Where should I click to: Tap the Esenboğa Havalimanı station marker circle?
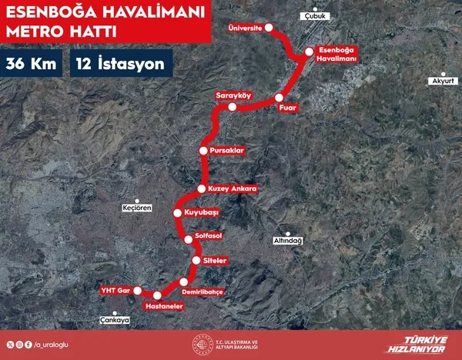tap(309, 52)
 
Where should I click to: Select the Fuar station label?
tap(288, 108)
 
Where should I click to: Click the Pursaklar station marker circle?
tap(203, 150)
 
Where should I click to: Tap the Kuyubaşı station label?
tap(203, 212)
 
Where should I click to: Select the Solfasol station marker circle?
tap(188, 239)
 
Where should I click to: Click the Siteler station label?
tap(214, 262)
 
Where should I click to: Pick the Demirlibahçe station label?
tap(203, 292)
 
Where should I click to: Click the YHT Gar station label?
tap(113, 291)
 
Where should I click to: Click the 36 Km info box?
tap(32, 64)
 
